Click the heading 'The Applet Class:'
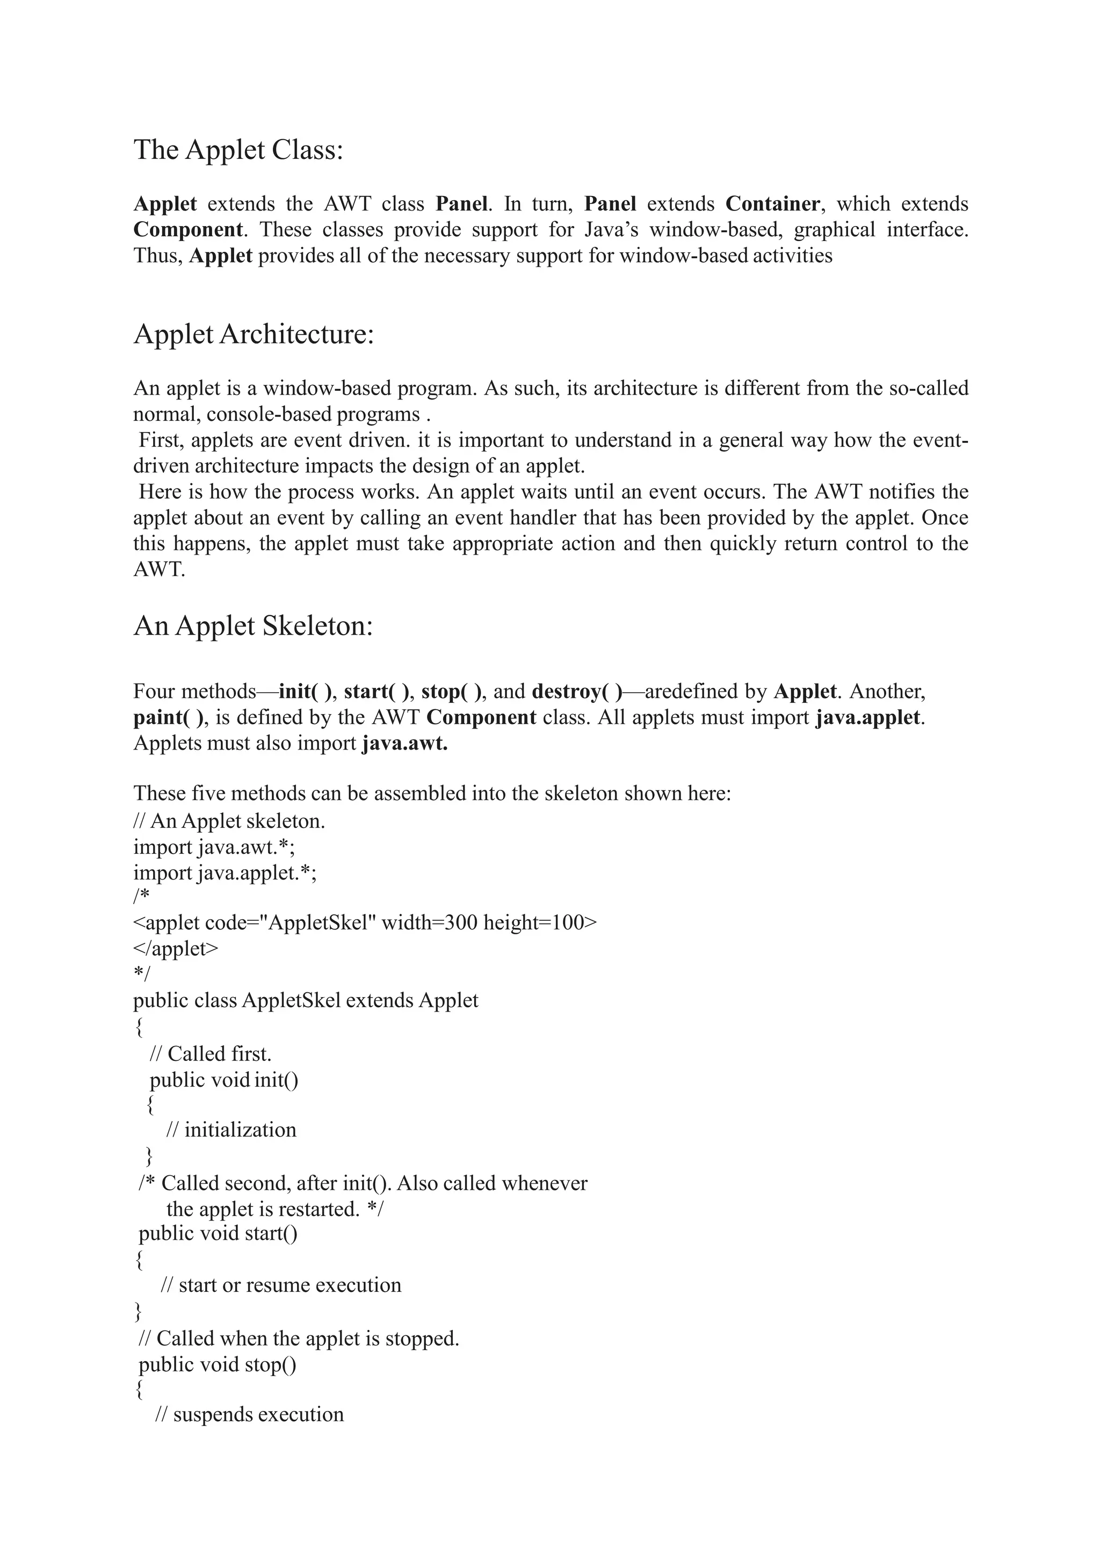pos(238,150)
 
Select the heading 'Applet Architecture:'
pos(254,334)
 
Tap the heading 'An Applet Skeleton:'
pos(254,626)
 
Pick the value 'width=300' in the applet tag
pos(430,922)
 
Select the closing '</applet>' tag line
pos(176,948)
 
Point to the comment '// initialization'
pos(231,1130)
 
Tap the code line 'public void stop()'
pos(218,1364)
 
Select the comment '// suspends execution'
pos(249,1414)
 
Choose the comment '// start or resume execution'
pos(280,1285)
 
